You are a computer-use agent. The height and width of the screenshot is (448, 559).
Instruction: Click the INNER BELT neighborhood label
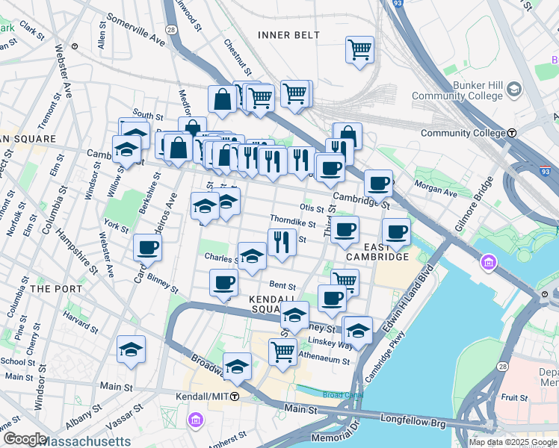[288, 35]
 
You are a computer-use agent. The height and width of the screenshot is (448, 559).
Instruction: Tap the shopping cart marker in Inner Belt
[359, 50]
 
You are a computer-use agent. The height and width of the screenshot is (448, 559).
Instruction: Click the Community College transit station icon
[513, 133]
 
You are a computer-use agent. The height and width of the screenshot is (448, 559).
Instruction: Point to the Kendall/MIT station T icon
[235, 396]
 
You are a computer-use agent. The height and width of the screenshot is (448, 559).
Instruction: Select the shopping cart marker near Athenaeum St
[282, 351]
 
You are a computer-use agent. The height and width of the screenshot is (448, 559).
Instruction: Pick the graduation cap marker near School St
[131, 349]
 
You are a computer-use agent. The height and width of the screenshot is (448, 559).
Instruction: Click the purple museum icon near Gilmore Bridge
[489, 262]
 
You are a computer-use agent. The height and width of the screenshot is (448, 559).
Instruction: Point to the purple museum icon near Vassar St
[196, 421]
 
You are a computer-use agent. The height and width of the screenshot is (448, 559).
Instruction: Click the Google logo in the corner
[24, 439]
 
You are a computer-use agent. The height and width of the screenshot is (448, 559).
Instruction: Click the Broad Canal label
[339, 394]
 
